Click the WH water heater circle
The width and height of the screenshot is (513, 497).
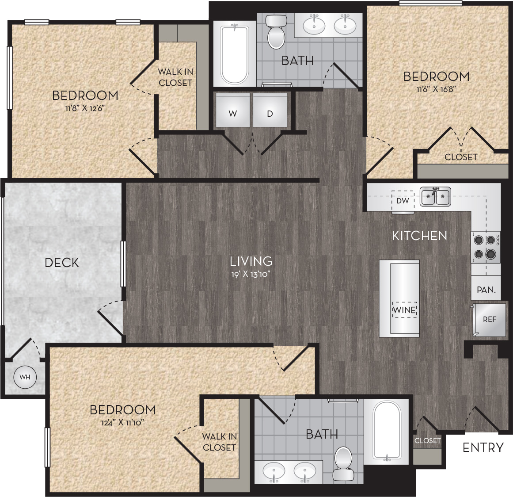25,377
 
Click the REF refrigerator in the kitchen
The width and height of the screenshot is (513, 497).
489,319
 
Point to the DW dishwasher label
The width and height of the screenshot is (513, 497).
403,201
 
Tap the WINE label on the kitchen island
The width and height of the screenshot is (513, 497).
404,310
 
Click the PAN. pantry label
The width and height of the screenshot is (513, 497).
486,290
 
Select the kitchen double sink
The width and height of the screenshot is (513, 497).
435,196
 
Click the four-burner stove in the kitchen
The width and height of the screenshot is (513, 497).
485,247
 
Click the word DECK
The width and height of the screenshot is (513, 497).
62,263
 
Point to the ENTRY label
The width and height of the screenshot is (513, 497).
483,447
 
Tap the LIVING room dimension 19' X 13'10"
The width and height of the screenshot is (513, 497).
250,274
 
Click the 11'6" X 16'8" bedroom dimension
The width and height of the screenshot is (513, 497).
436,88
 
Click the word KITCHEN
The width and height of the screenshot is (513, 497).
419,236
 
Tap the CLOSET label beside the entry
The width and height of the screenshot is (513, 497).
427,441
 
